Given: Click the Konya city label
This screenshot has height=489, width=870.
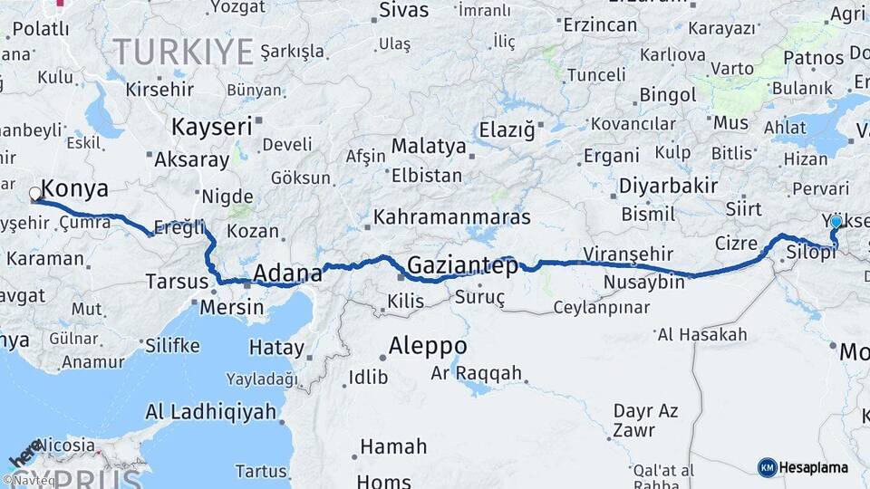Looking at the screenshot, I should (x=75, y=189).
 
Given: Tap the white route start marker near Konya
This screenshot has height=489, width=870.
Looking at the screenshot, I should (x=35, y=194).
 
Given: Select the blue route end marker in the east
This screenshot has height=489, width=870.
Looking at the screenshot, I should (x=836, y=222).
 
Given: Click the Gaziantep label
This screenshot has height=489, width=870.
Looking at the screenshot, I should (x=462, y=266).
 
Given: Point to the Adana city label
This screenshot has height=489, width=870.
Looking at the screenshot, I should (x=287, y=273).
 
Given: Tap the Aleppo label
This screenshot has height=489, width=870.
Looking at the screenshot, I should (x=428, y=346).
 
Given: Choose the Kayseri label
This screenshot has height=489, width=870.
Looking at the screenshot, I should (x=211, y=126).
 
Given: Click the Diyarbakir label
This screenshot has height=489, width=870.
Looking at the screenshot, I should (x=668, y=187).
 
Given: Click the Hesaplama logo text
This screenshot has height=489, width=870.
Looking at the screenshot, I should (x=814, y=467).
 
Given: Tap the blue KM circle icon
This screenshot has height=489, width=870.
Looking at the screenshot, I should (x=767, y=467).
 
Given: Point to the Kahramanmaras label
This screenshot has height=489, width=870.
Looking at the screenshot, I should (x=451, y=218).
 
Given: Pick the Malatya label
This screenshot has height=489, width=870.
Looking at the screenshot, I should (x=429, y=147).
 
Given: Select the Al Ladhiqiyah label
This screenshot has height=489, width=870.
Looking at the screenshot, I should (x=210, y=412).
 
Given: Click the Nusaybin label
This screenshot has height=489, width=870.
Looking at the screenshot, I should (x=645, y=283).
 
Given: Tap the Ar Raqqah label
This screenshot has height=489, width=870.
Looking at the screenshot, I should (x=477, y=373).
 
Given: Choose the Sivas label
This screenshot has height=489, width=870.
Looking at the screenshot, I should (x=403, y=11).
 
